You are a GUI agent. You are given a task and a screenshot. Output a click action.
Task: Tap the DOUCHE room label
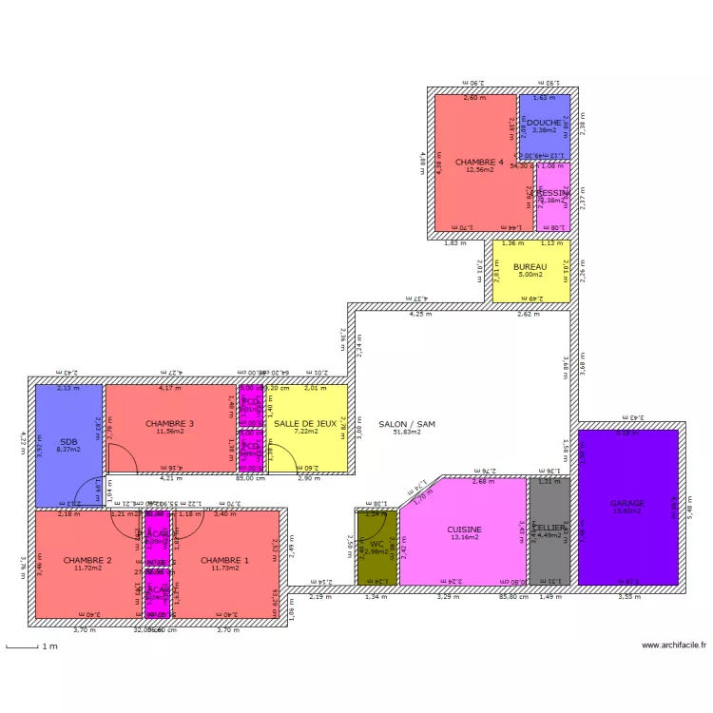[544, 123]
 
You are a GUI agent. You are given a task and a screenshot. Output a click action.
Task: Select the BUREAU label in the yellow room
[530, 267]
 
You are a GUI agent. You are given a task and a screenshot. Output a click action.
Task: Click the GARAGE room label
[627, 503]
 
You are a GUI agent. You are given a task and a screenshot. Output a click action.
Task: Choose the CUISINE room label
[464, 530]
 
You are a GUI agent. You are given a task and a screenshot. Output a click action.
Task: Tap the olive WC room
[376, 546]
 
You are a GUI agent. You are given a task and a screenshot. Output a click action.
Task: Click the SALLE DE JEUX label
[305, 423]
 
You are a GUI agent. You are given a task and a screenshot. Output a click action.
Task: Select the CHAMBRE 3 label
[169, 423]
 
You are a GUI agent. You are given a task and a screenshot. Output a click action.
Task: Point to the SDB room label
[67, 442]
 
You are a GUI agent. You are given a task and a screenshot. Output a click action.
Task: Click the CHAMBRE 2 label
[87, 560]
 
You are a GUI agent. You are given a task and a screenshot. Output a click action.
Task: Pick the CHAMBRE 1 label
[224, 560]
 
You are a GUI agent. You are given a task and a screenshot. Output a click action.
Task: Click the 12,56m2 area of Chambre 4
[479, 170]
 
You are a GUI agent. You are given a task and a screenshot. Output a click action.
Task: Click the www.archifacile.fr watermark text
[674, 645]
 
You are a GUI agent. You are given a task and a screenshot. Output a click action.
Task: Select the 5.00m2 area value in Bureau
[530, 275]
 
